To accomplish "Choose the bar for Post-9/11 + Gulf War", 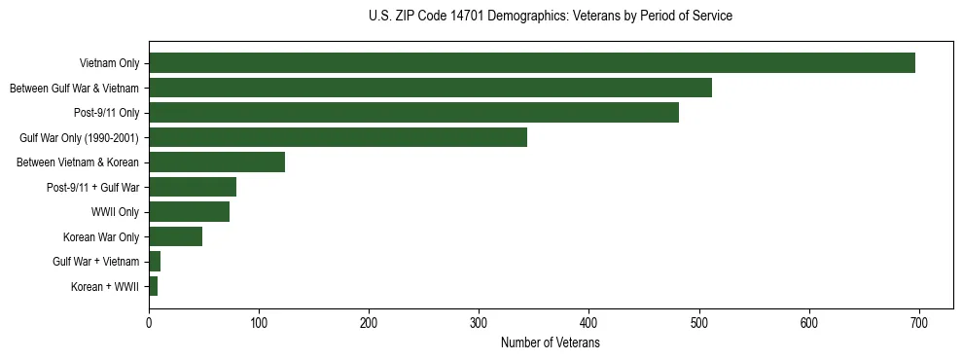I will click(x=193, y=187).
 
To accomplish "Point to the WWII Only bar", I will click(x=189, y=211).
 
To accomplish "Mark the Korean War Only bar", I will click(x=175, y=236).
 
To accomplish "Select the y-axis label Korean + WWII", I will click(x=105, y=286).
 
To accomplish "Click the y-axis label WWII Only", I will click(x=115, y=211).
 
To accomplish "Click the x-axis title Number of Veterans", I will click(x=550, y=343).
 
